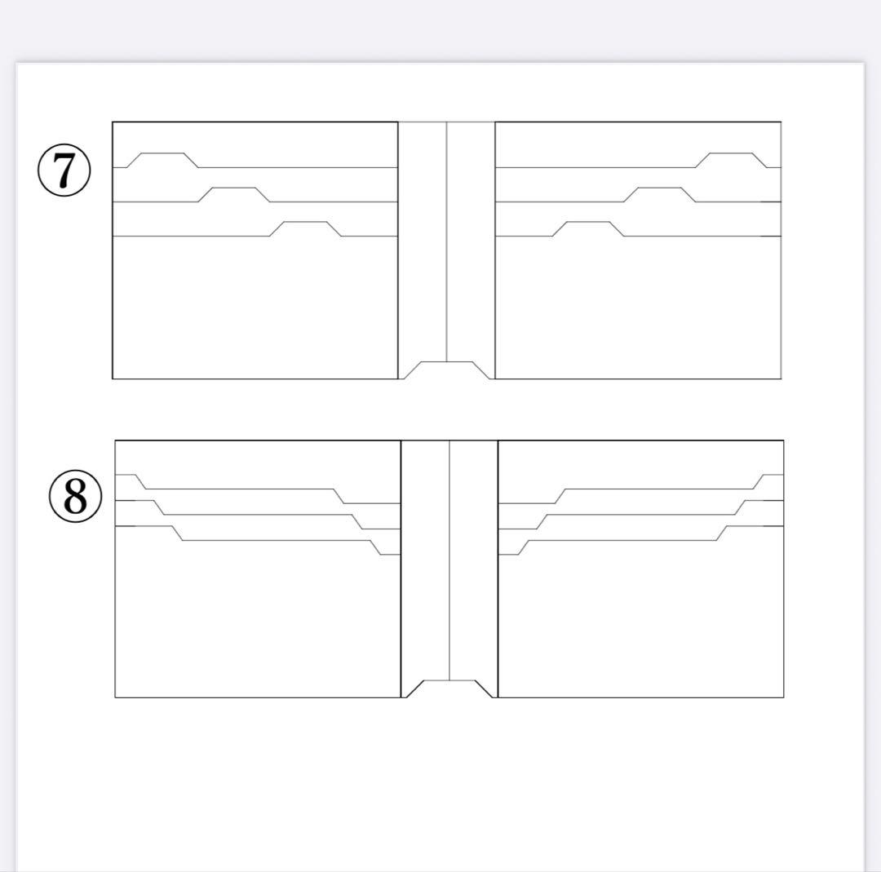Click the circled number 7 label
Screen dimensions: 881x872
(x=64, y=170)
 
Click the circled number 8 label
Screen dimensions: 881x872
(x=76, y=496)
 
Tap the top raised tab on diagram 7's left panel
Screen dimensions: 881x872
(x=162, y=153)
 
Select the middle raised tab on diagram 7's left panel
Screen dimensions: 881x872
(x=234, y=188)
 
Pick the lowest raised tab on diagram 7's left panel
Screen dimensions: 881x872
(x=305, y=223)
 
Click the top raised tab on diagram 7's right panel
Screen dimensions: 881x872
(x=731, y=153)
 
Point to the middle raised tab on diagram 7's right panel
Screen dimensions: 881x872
(x=660, y=188)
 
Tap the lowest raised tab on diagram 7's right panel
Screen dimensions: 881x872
(x=588, y=223)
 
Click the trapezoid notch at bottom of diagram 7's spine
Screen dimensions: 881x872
(x=447, y=362)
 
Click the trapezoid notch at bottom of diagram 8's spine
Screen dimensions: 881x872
(x=449, y=681)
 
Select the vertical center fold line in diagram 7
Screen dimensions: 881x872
(x=447, y=241)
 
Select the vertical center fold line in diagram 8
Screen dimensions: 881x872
(x=449, y=560)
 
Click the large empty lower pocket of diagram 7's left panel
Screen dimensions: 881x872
(x=255, y=308)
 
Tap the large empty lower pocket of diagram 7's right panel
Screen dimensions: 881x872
(x=638, y=308)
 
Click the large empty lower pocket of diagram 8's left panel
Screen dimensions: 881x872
(x=257, y=624)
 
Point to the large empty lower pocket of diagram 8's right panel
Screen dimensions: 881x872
(x=641, y=624)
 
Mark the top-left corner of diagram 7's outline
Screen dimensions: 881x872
(x=113, y=122)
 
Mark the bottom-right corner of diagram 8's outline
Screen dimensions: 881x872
(x=784, y=697)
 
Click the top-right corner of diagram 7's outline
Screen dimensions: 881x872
(x=781, y=122)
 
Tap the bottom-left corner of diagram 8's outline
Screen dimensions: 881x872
(x=115, y=697)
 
